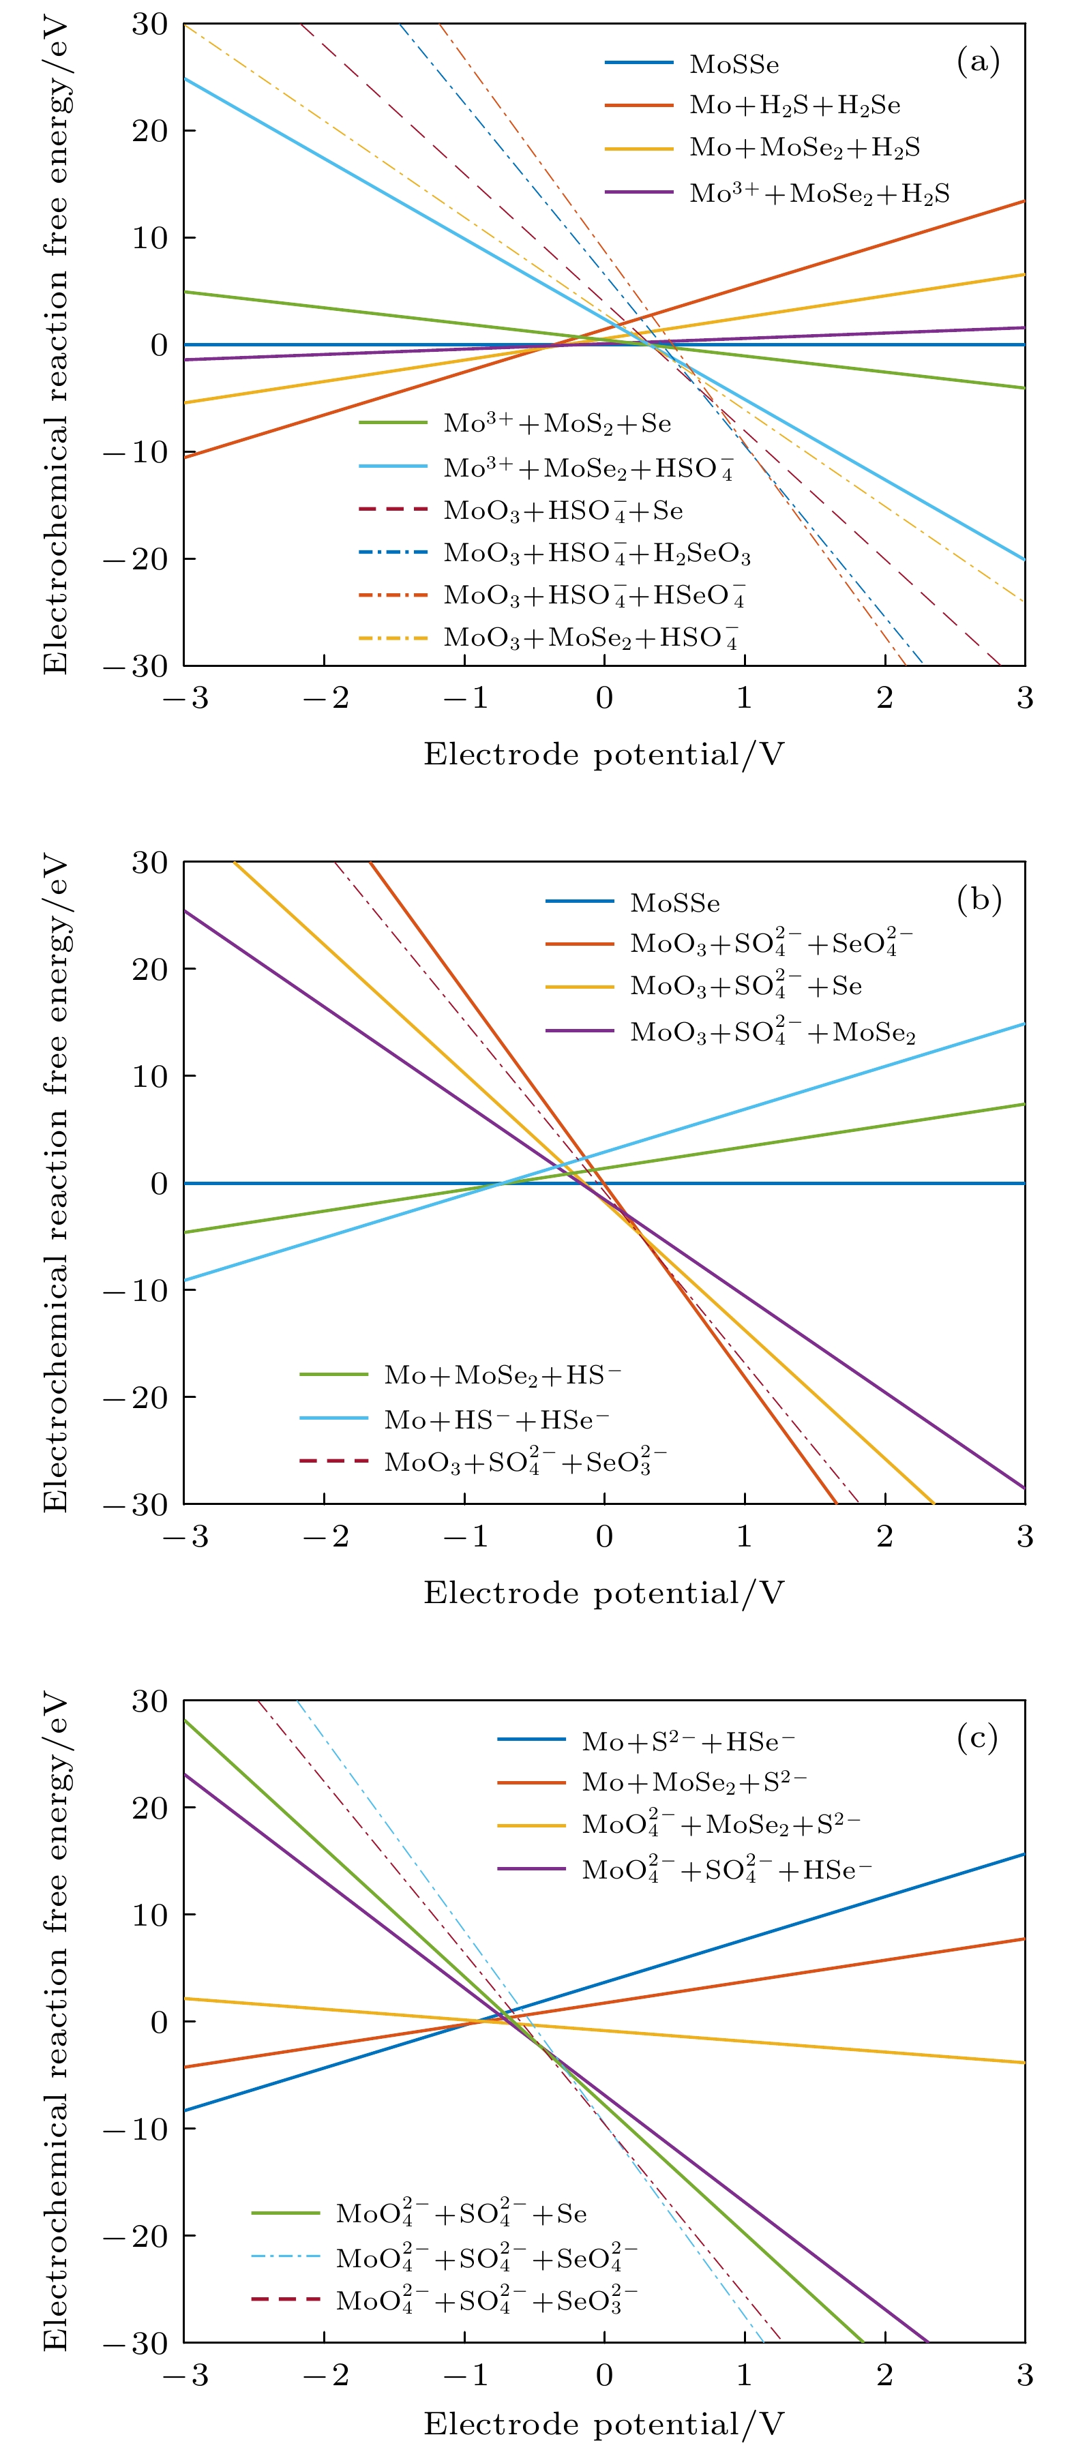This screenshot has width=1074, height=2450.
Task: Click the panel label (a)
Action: point(978,62)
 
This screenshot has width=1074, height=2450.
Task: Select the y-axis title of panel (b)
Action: point(55,1183)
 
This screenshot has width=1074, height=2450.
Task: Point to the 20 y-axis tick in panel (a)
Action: point(149,130)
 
